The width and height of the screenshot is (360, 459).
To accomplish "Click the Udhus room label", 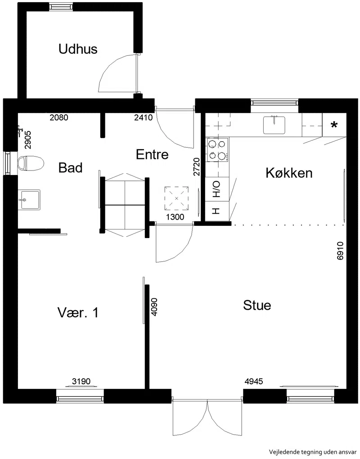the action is [x=78, y=49].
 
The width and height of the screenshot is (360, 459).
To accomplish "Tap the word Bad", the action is [x=70, y=168].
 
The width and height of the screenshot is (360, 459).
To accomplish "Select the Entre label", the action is [x=152, y=154].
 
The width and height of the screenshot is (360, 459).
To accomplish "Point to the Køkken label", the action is [x=289, y=173].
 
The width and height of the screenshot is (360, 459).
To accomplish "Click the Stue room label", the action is [x=257, y=305].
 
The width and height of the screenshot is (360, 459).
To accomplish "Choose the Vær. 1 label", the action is [x=78, y=313].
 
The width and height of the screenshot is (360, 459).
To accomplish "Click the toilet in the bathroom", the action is [x=31, y=163].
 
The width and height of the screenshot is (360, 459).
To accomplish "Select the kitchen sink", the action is [x=274, y=125].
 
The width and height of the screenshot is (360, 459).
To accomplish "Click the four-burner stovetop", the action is [x=218, y=150].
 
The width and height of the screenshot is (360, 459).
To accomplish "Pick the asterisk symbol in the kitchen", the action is [x=334, y=126].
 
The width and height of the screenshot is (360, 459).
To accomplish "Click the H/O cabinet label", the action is [x=216, y=189].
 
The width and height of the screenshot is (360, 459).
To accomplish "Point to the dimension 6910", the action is [x=340, y=251].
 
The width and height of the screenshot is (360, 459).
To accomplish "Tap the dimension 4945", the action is [x=254, y=381].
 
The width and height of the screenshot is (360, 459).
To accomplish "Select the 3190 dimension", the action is [x=81, y=381].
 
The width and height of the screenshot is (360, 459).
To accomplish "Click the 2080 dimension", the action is [x=59, y=117].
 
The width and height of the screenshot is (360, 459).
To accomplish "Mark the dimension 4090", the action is [x=154, y=306].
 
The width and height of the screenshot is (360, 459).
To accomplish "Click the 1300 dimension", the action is [x=175, y=216].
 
